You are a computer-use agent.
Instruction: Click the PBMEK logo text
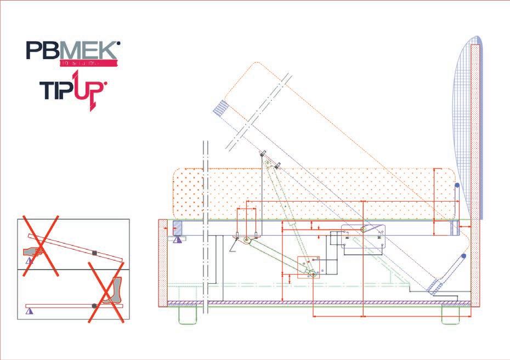click(x=72, y=52)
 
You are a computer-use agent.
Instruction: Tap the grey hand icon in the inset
click(x=35, y=252)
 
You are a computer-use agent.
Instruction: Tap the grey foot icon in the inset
click(x=114, y=290)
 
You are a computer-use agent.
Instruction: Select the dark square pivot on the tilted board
click(x=95, y=253)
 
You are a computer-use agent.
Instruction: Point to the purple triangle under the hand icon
click(x=29, y=261)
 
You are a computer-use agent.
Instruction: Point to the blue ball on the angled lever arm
click(x=464, y=256)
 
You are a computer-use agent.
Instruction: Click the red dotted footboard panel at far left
click(x=162, y=264)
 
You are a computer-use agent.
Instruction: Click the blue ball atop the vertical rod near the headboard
click(x=456, y=187)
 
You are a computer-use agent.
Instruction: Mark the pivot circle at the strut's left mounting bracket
click(x=247, y=239)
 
